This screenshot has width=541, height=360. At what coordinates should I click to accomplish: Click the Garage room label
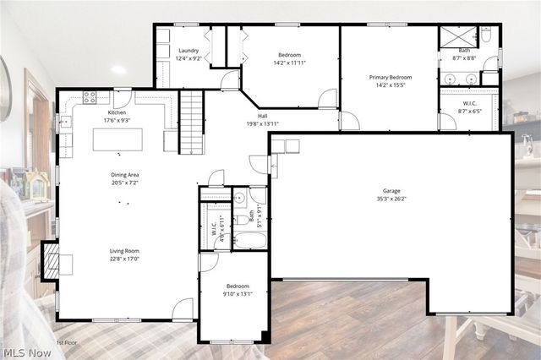coord(391,191)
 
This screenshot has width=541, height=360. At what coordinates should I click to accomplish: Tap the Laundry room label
coord(188,51)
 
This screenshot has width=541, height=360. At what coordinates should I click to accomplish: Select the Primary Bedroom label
coord(390,77)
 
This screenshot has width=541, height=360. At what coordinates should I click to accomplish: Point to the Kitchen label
coord(117,112)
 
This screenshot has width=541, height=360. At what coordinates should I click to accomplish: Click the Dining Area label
coord(123,175)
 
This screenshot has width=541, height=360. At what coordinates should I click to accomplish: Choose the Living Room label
coord(123,251)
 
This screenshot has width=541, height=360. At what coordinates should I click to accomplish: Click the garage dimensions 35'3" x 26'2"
coord(391,199)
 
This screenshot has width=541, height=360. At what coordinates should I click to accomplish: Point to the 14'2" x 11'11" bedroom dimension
coord(290,63)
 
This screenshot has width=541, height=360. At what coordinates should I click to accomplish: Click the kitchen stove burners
coord(90,97)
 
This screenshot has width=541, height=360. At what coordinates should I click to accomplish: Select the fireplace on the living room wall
coord(52,262)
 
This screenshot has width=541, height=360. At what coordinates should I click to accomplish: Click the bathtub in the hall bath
coord(250,240)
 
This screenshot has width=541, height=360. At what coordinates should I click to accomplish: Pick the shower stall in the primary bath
coord(459,36)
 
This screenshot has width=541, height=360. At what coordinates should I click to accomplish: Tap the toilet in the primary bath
coord(486,35)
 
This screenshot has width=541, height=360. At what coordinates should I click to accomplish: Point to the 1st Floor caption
coord(68,342)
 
